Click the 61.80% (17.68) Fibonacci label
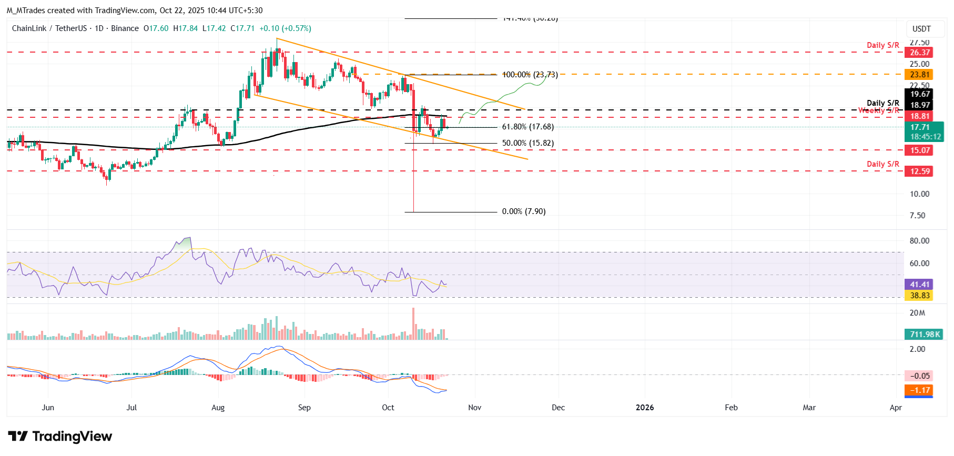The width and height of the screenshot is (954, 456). tap(527, 127)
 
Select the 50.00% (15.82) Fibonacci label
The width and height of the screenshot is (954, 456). tap(527, 143)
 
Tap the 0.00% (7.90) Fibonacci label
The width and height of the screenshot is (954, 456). tap(523, 211)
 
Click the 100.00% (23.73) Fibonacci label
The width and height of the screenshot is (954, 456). tap(530, 75)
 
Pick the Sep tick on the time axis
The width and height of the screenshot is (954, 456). tap(304, 408)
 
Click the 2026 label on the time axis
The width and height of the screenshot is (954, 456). tap(645, 408)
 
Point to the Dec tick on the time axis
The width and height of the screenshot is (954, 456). tap(558, 408)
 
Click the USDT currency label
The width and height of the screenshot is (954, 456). tap(921, 29)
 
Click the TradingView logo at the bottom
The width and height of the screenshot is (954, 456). tap(60, 437)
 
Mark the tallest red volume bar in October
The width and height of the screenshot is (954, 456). tap(413, 324)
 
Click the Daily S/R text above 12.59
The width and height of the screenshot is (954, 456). tap(883, 164)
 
